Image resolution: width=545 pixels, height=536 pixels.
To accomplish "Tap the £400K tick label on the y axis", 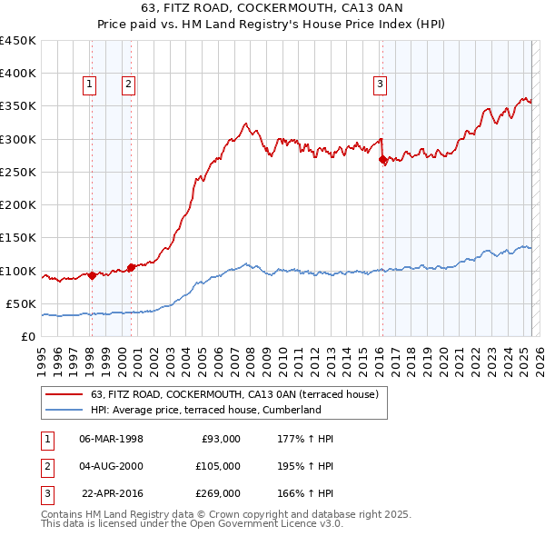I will pos(18,73).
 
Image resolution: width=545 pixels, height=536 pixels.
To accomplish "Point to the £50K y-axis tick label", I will pos(22,303).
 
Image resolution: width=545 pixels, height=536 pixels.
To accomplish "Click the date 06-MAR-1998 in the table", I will pos(111,439).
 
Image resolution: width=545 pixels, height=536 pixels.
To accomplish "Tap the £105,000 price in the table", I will pos(217,466).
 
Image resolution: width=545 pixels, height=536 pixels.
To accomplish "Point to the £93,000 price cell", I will pos(220,439).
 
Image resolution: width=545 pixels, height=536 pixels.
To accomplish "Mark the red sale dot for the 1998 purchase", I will pos(92,275).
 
